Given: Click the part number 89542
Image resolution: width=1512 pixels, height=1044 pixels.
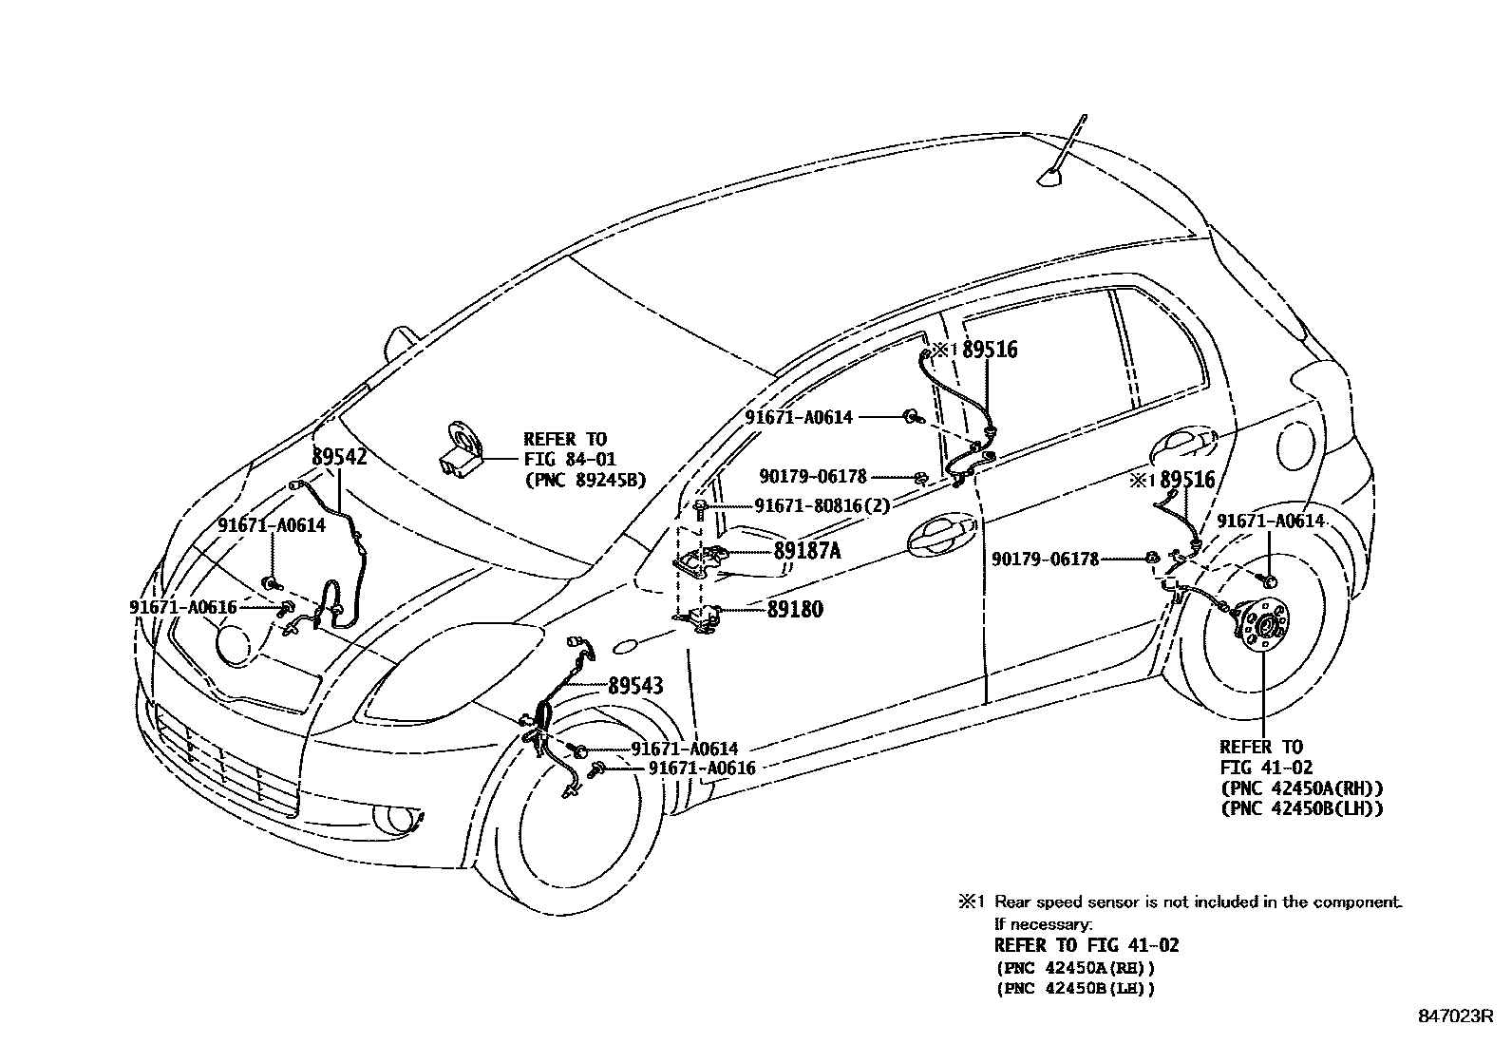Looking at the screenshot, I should coord(339,457).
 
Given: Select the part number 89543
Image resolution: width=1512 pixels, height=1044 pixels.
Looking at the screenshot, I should coord(635,685).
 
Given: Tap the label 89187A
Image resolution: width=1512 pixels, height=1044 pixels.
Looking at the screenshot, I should coord(806,551).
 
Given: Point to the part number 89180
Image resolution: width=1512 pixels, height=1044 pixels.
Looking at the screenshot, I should coord(795,609).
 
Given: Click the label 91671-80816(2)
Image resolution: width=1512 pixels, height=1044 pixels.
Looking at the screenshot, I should coord(822,506).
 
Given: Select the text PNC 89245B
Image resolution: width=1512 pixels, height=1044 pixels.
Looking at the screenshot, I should coord(584,481).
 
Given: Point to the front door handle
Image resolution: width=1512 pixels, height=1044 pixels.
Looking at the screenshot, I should coord(940,539).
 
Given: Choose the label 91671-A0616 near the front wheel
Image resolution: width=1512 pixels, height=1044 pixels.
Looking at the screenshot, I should coord(702,768).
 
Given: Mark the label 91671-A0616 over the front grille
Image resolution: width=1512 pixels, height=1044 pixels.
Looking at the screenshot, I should coord(182,607).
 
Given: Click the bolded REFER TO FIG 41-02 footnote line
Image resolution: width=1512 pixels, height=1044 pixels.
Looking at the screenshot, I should coord(1086,945).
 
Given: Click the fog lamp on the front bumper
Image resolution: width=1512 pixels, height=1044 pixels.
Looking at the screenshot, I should coord(390,818).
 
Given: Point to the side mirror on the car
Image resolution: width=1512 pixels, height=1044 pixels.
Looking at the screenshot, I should coord(403,340).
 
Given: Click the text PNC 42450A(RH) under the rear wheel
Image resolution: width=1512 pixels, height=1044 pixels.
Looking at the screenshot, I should coord(1300,788).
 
